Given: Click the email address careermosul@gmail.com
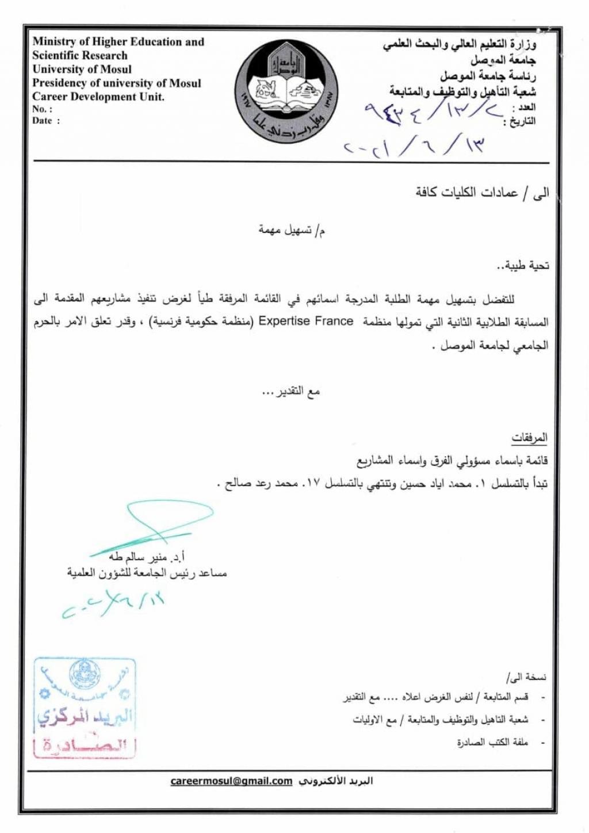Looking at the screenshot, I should coord(231,781).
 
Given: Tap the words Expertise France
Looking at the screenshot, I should coord(305,321).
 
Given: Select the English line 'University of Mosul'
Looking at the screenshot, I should coord(82,69).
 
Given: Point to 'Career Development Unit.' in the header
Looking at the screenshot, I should coord(98,97).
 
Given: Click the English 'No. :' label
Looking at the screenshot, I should coord(42,109).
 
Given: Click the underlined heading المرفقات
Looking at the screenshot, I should coord(529,438).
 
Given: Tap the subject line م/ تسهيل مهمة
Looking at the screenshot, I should coord(292,231).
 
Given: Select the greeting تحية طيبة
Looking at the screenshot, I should coord(523,266).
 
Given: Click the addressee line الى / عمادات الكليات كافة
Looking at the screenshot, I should coord(482,192).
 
